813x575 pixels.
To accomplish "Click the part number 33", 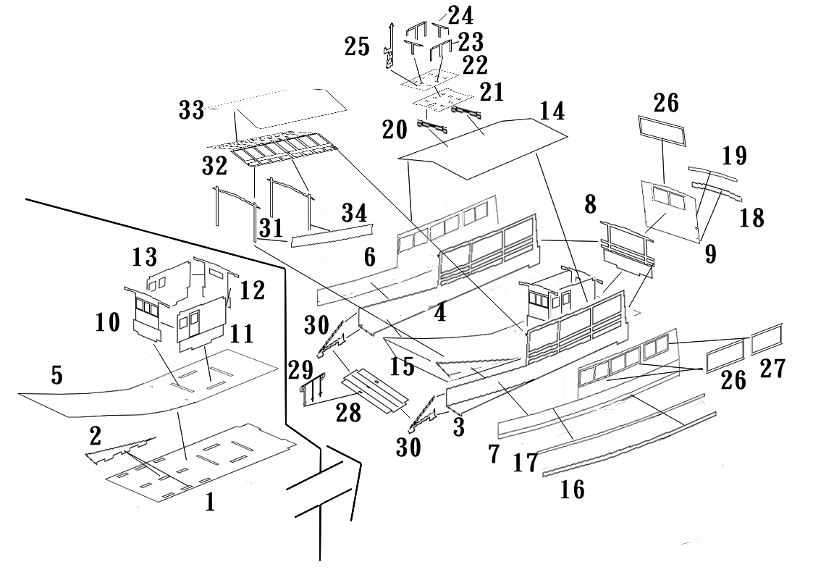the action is click(191, 110).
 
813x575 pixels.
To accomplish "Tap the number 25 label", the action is click(357, 46).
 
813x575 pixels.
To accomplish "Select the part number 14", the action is click(552, 111).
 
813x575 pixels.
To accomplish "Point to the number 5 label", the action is click(57, 375).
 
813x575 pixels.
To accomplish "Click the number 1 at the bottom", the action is click(210, 502).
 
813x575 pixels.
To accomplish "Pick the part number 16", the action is click(573, 490).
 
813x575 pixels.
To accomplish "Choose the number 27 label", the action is click(773, 369).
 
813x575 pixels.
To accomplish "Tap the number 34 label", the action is click(355, 213).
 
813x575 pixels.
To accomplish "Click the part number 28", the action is click(348, 414).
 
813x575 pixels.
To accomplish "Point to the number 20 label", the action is click(395, 130).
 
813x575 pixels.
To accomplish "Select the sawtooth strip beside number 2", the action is click(120, 450).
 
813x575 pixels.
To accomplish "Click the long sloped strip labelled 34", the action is click(332, 236).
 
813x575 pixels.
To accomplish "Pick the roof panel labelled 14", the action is click(482, 148).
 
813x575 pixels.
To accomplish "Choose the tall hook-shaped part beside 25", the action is click(388, 46).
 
